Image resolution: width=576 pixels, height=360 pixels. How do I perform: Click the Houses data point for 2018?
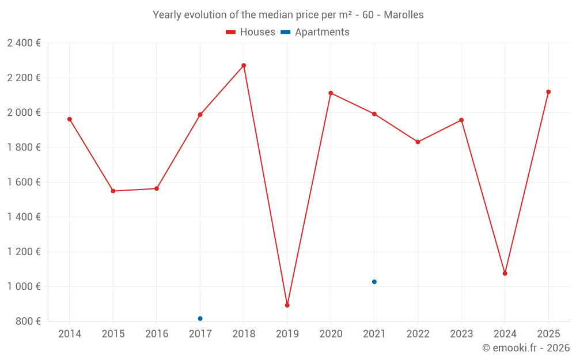pyautogui.click(x=244, y=66)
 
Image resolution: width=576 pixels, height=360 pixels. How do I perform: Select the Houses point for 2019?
pyautogui.click(x=287, y=305)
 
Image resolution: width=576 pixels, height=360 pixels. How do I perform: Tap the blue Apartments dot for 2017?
pyautogui.click(x=200, y=319)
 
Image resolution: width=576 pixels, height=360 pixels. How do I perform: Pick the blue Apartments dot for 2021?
pyautogui.click(x=374, y=282)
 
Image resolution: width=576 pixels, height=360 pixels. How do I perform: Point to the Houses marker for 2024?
pyautogui.click(x=505, y=274)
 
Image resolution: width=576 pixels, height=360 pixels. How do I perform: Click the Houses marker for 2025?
pyautogui.click(x=548, y=92)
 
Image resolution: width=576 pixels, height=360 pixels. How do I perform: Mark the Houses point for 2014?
pyautogui.click(x=70, y=119)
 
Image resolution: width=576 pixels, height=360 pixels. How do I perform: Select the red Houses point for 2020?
pyautogui.click(x=331, y=93)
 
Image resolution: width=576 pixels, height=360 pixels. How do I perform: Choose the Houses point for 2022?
pyautogui.click(x=418, y=142)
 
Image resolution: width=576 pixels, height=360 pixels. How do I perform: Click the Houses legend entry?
pyautogui.click(x=251, y=32)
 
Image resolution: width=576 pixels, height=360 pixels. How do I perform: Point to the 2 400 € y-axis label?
pyautogui.click(x=24, y=43)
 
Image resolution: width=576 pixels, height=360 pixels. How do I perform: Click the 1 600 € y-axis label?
pyautogui.click(x=24, y=182)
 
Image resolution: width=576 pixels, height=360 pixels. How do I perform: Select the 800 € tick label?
pyautogui.click(x=28, y=321)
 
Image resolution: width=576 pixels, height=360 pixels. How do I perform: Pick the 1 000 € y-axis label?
pyautogui.click(x=24, y=286)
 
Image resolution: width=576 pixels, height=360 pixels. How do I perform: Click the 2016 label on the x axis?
pyautogui.click(x=157, y=334)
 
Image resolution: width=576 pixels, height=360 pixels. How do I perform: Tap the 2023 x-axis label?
pyautogui.click(x=461, y=334)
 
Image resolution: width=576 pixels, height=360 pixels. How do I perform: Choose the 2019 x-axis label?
pyautogui.click(x=287, y=334)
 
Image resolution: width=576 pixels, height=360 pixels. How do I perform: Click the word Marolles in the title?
pyautogui.click(x=403, y=15)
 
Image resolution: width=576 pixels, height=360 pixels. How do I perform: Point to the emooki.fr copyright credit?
pyautogui.click(x=525, y=348)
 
